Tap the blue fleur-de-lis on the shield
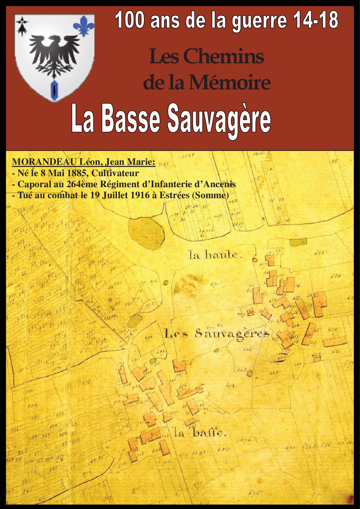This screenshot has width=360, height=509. point(84,26)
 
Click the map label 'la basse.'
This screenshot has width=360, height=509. point(200,434)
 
